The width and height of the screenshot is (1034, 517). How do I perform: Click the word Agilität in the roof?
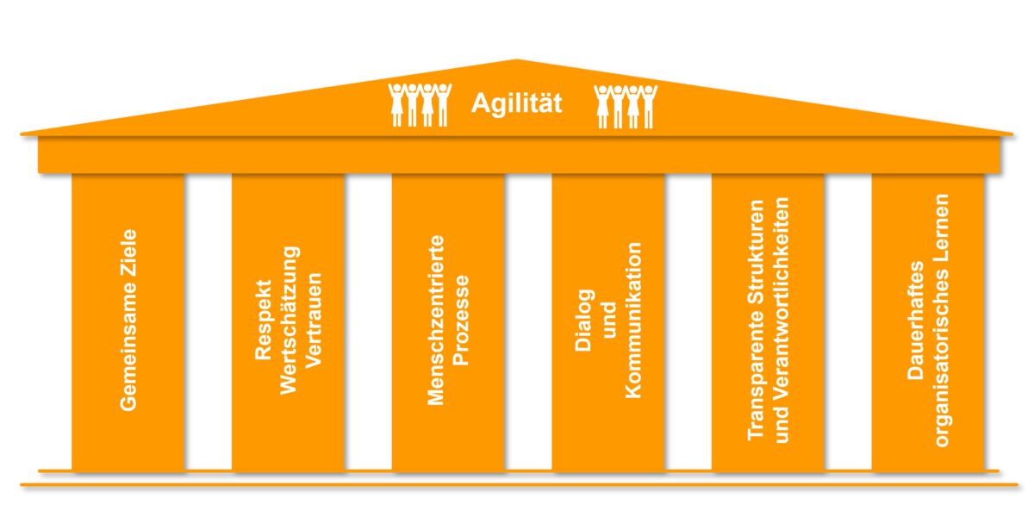pos(516,105)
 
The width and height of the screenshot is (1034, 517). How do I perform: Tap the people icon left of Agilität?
pos(420,104)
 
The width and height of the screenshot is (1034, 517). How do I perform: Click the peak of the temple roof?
pos(517,61)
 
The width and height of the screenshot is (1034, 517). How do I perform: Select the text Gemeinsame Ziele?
pos(128,318)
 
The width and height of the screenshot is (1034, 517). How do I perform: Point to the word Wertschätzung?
pos(290,321)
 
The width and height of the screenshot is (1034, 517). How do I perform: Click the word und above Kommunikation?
pos(608,321)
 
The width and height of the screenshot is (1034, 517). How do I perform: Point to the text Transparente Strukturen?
pos(756,321)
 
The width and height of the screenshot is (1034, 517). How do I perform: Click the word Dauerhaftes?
pos(916,321)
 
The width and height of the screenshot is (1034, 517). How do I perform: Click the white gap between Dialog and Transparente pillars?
pos(688,321)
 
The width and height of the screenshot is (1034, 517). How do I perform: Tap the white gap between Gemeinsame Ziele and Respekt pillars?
pos(208,321)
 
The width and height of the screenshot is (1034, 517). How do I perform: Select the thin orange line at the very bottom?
pos(517,485)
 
